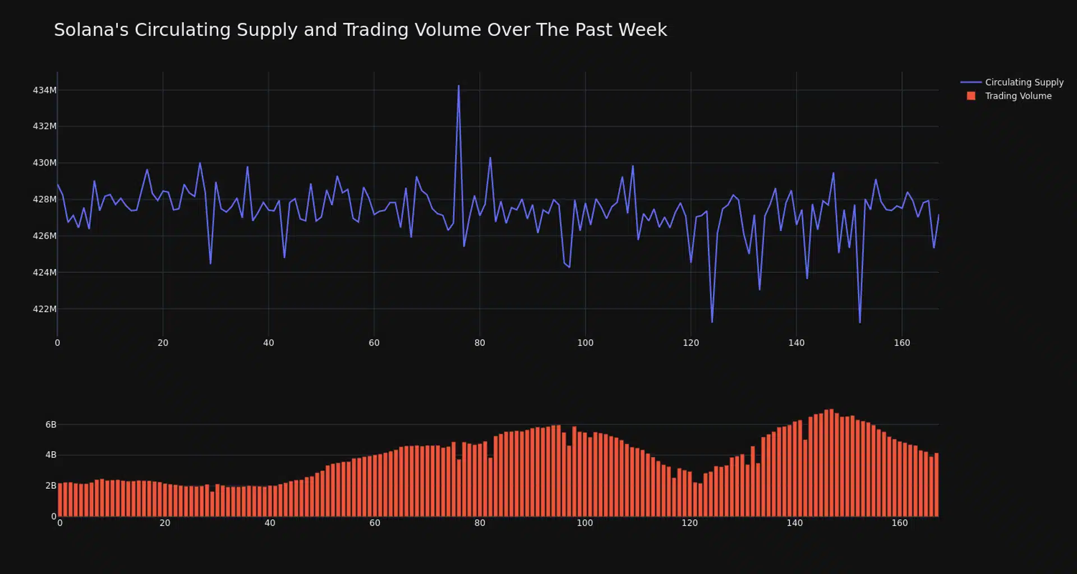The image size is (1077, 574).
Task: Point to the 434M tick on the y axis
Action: (44, 90)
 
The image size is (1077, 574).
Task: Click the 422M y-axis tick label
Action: (44, 309)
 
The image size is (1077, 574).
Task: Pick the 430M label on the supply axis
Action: (44, 163)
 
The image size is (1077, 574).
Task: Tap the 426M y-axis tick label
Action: (44, 236)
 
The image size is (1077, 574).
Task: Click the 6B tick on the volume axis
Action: (50, 425)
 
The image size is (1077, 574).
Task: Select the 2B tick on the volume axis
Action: (50, 485)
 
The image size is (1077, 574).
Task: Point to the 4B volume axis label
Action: (50, 455)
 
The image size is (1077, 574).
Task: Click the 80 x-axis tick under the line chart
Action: (480, 343)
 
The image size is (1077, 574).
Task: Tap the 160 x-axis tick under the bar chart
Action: (899, 523)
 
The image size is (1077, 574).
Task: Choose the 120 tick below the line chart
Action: (691, 343)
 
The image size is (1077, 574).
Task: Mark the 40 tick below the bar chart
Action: (270, 523)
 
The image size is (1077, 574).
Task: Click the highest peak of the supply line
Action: (458, 86)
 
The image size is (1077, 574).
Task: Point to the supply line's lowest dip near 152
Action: (859, 322)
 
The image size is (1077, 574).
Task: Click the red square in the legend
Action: (971, 96)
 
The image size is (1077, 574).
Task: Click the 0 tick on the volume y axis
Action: (54, 516)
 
